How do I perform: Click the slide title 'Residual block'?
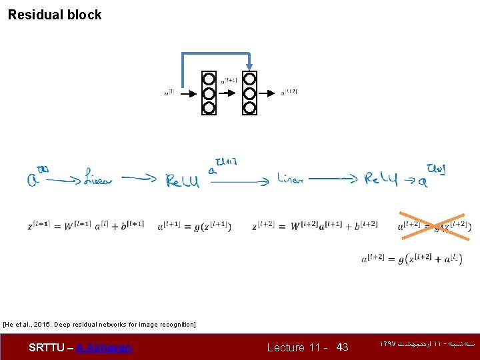coord(55,15)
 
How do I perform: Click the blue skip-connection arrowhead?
coord(249,66)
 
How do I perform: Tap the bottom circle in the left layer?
coord(209,107)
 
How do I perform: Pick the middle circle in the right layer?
coord(249,93)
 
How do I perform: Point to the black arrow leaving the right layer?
coord(268,93)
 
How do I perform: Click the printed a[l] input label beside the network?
coord(170,93)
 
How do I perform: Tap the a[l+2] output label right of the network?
coord(289,92)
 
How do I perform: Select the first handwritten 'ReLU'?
coord(182,179)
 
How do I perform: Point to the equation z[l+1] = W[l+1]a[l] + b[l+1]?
coord(85,226)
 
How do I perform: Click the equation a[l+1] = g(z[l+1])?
coord(194,227)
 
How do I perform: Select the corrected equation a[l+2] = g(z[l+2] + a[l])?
coord(411,259)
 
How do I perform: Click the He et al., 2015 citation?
coord(99,325)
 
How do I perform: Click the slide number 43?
coord(342,347)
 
